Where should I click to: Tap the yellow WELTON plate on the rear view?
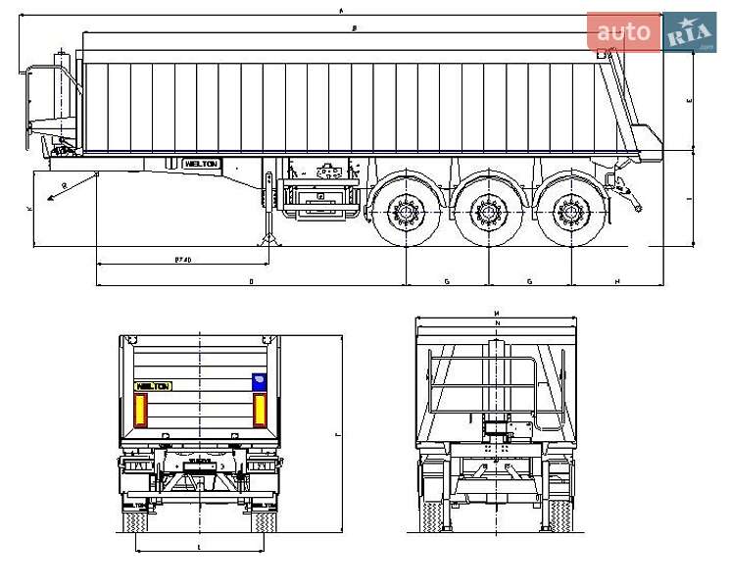click(153, 386)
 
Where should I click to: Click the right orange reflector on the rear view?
click(260, 410)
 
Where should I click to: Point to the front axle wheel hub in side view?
click(404, 211)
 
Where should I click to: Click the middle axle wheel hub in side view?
click(486, 211)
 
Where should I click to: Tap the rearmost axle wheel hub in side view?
click(566, 211)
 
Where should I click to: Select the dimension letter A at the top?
click(341, 10)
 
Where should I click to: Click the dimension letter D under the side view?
click(251, 281)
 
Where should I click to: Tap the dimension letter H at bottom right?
click(616, 281)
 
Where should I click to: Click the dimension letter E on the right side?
click(690, 101)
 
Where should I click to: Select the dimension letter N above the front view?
click(497, 322)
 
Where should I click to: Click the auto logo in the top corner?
click(624, 32)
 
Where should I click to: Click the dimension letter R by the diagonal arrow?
click(64, 185)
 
